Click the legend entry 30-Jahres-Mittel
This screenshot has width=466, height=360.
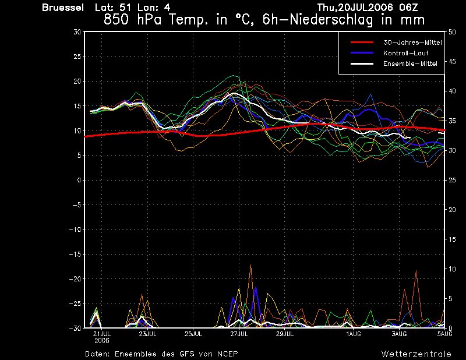tap(412, 43)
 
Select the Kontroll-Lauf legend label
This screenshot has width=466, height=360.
tap(405, 53)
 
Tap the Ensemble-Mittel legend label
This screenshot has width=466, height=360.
tap(410, 63)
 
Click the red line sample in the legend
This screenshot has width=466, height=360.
tap(362, 43)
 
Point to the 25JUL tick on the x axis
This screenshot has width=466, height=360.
tap(193, 334)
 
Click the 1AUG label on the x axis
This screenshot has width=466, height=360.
tap(354, 334)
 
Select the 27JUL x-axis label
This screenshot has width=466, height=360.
tap(239, 334)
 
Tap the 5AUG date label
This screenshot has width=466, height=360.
tap(444, 334)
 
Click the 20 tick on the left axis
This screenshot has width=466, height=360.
tap(77, 81)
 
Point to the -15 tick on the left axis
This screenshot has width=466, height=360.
tap(75, 254)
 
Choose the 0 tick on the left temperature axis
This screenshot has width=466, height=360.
tap(79, 180)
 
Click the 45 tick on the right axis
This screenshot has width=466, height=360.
tap(452, 62)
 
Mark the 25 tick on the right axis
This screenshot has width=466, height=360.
tap(452, 180)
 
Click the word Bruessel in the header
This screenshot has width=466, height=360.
tap(63, 8)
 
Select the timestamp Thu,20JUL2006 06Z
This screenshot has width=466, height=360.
tap(368, 7)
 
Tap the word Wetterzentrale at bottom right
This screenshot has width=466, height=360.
tap(416, 354)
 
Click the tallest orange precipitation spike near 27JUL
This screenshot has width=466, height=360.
tap(251, 265)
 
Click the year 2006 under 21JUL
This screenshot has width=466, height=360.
tap(102, 341)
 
